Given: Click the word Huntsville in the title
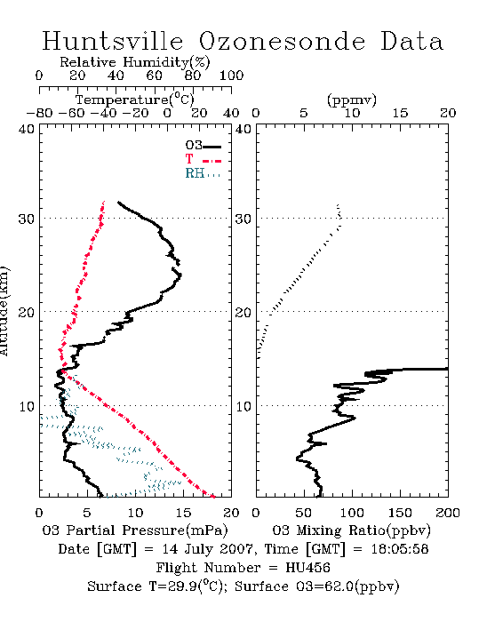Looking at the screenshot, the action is pyautogui.click(x=113, y=41).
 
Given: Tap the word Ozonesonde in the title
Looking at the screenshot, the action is pyautogui.click(x=282, y=41).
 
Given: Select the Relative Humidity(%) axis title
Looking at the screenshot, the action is pyautogui.click(x=134, y=62).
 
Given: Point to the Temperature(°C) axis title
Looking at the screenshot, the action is pyautogui.click(x=135, y=100).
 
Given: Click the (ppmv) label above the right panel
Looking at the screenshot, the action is pyautogui.click(x=352, y=100).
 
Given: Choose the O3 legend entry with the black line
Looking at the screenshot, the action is pyautogui.click(x=203, y=146).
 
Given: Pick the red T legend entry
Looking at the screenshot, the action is pyautogui.click(x=203, y=160).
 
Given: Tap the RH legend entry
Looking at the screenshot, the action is pyautogui.click(x=203, y=173).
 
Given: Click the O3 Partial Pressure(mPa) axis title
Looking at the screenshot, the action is pyautogui.click(x=135, y=530).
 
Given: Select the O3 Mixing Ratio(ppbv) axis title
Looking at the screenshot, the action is pyautogui.click(x=351, y=530).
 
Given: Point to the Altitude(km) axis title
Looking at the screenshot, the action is pyautogui.click(x=4, y=311).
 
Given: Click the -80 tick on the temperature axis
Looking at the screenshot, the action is pyautogui.click(x=39, y=114).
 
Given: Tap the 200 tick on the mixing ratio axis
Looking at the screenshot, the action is pyautogui.click(x=448, y=513).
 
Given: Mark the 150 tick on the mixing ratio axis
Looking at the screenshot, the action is pyautogui.click(x=400, y=513).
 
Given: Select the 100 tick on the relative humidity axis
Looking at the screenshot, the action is pyautogui.click(x=231, y=76).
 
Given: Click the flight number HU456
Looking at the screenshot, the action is pyautogui.click(x=307, y=568).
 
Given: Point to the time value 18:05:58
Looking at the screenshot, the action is pyautogui.click(x=400, y=549).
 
